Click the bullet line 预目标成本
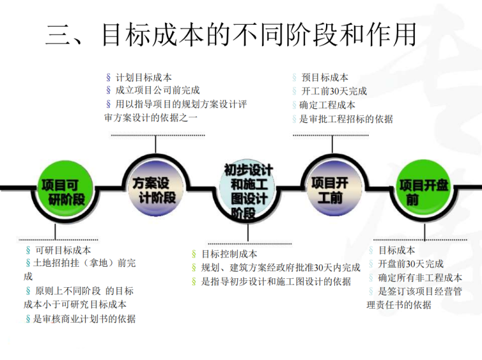(x=324, y=77)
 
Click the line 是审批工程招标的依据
(x=346, y=119)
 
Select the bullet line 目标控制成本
(x=229, y=254)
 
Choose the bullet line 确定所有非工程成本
(x=419, y=278)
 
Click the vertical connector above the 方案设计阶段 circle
(x=155, y=145)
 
